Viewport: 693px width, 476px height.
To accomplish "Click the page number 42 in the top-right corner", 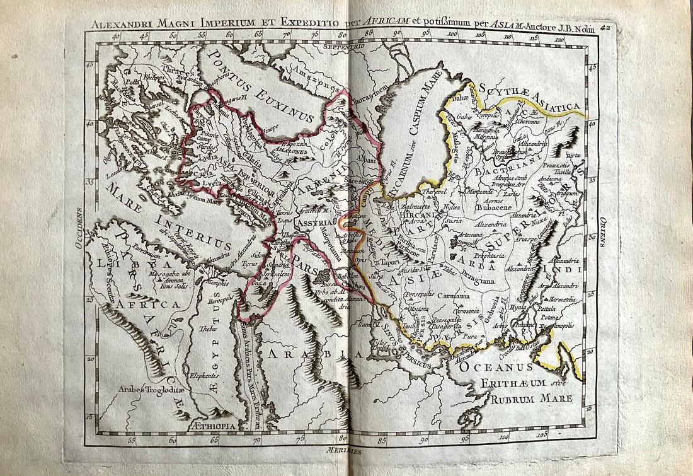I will click(606, 27).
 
